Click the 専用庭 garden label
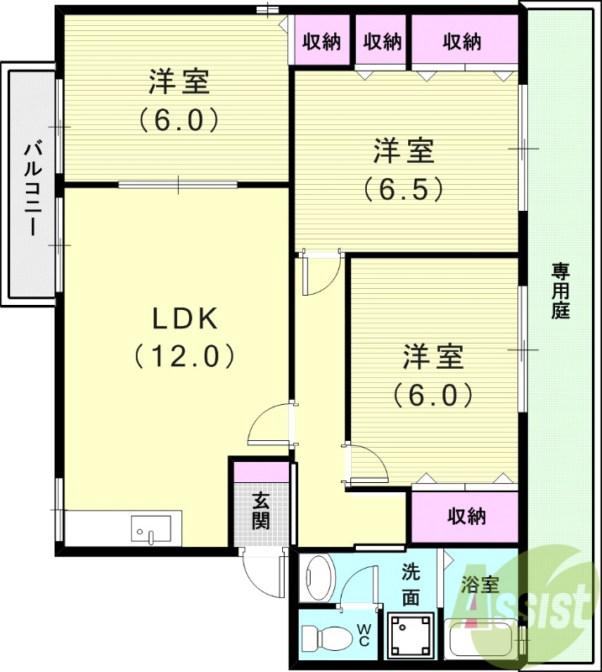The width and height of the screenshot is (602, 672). [560, 291]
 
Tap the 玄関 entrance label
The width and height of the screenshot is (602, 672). [261, 510]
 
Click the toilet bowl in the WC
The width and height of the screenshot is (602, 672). [327, 637]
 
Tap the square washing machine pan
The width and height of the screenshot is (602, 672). [411, 636]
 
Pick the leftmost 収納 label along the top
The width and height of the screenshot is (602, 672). [322, 40]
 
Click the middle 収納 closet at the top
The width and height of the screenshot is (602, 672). [382, 40]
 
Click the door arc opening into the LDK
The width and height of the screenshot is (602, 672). [271, 425]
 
